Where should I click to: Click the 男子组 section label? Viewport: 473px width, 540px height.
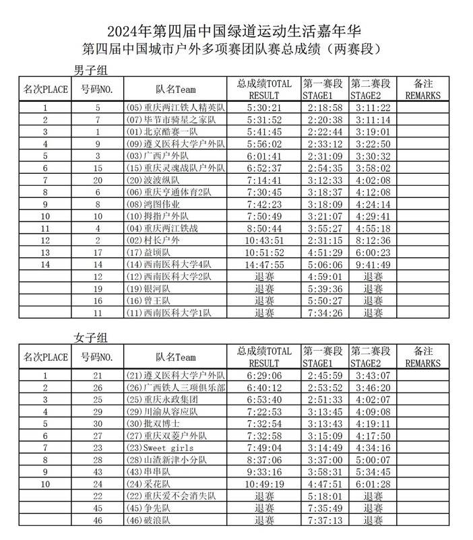[x=90, y=70]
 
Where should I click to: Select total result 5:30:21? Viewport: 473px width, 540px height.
[x=263, y=108]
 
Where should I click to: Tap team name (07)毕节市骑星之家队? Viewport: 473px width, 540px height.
[x=171, y=120]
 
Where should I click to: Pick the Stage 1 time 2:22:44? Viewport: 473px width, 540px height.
[x=324, y=132]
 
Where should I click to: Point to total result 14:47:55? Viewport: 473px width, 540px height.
[x=263, y=265]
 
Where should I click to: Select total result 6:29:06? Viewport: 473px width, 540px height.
[x=263, y=375]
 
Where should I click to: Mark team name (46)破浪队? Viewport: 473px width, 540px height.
[x=150, y=520]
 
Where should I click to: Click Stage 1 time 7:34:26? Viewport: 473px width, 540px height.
[x=324, y=313]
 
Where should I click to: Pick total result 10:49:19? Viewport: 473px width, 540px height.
[x=263, y=484]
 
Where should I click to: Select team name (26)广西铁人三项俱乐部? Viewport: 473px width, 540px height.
[x=176, y=387]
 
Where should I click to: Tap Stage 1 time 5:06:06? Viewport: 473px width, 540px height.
[x=324, y=265]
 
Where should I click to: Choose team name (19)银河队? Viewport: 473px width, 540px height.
[x=150, y=289]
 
